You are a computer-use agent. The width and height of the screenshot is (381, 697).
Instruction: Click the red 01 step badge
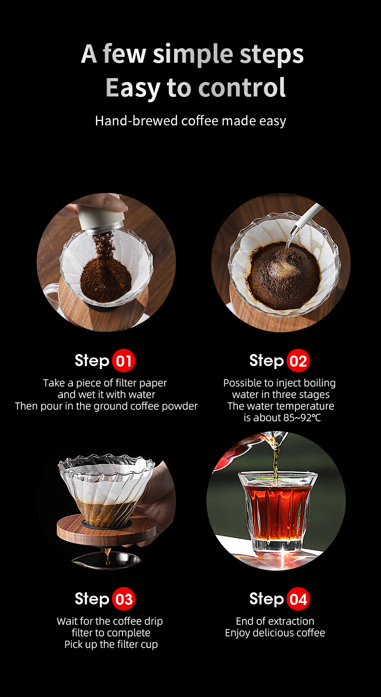(x=123, y=361)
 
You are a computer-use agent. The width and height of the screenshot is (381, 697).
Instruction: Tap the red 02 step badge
(x=298, y=361)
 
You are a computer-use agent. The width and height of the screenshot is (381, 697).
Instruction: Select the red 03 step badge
(x=123, y=599)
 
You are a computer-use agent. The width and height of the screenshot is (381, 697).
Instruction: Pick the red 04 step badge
(x=298, y=599)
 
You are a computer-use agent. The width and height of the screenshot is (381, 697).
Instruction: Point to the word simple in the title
(x=193, y=54)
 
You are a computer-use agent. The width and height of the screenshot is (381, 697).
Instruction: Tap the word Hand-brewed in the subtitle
(x=136, y=121)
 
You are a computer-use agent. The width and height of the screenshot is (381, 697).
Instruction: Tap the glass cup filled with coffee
(x=277, y=513)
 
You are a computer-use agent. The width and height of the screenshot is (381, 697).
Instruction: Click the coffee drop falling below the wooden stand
(x=107, y=562)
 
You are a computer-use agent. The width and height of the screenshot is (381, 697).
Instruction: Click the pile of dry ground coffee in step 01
(x=106, y=278)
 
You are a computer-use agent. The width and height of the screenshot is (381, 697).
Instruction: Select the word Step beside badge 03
(x=92, y=599)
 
